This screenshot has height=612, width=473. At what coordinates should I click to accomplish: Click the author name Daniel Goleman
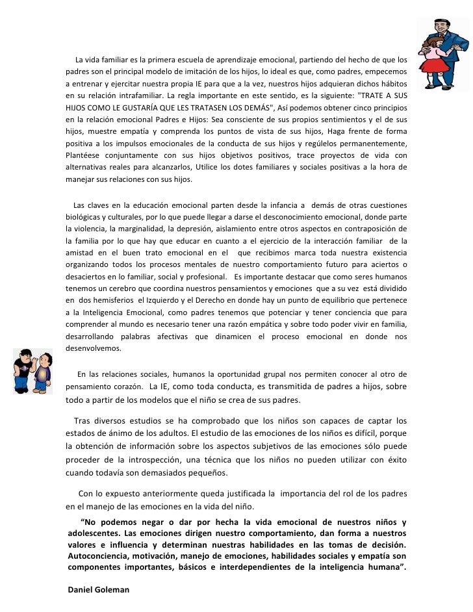pyautogui.click(x=99, y=589)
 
